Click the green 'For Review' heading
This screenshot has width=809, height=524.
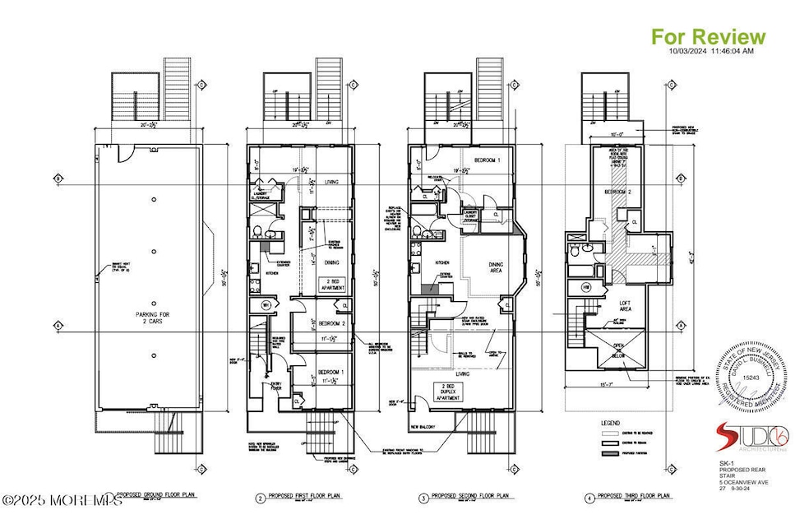(x=708, y=36)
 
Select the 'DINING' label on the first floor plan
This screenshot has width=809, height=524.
(x=331, y=262)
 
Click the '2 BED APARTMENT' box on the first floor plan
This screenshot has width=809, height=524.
(x=330, y=286)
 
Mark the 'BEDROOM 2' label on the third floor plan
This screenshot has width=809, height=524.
(x=620, y=191)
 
